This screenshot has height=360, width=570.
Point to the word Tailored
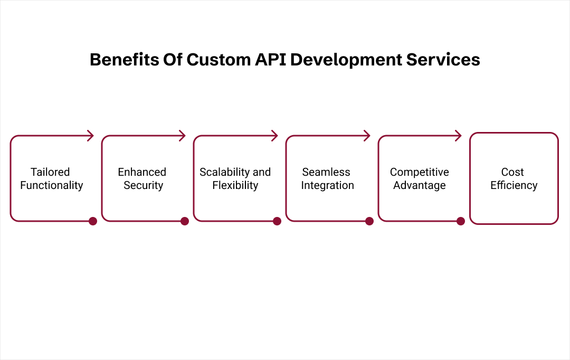click(x=50, y=172)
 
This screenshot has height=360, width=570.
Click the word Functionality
click(x=52, y=185)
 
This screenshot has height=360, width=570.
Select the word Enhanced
click(x=142, y=172)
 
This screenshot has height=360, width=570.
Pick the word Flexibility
click(x=235, y=185)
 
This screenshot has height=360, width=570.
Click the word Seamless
click(x=326, y=172)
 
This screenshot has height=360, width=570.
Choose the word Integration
click(x=327, y=185)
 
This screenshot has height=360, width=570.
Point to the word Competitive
click(x=420, y=172)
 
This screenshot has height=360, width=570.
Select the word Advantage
click(x=420, y=185)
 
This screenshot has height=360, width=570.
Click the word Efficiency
click(x=514, y=185)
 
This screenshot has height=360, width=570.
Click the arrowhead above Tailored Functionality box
click(x=91, y=136)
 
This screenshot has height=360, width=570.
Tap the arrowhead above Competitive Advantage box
click(x=459, y=136)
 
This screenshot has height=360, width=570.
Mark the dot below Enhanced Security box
click(x=185, y=221)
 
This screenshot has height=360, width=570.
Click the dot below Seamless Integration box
click(x=369, y=221)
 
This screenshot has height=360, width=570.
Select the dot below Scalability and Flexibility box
click(x=277, y=221)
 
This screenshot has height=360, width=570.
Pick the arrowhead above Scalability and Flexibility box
click(x=275, y=136)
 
